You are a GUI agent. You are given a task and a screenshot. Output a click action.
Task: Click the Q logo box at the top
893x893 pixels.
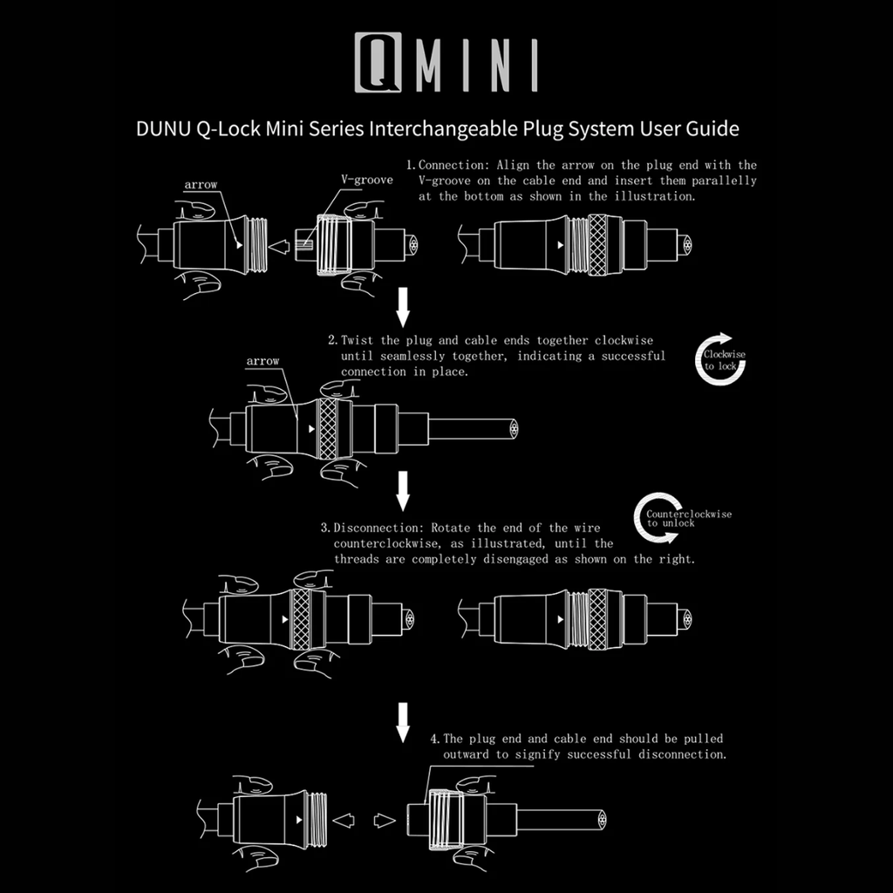378,63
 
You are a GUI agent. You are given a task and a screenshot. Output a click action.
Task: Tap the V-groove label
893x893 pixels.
366,180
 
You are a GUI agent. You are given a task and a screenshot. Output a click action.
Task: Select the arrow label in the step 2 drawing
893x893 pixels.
263,361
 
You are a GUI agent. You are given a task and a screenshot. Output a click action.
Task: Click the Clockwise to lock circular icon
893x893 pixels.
720,359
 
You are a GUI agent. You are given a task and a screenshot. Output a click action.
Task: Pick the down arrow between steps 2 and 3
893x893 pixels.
402,490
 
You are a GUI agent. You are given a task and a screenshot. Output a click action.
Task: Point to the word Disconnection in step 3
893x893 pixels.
378,528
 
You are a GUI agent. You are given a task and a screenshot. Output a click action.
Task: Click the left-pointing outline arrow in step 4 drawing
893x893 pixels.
344,820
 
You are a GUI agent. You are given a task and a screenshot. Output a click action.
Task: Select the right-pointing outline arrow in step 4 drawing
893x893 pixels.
385,820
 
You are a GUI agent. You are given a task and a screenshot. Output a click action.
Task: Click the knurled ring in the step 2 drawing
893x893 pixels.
328,429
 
